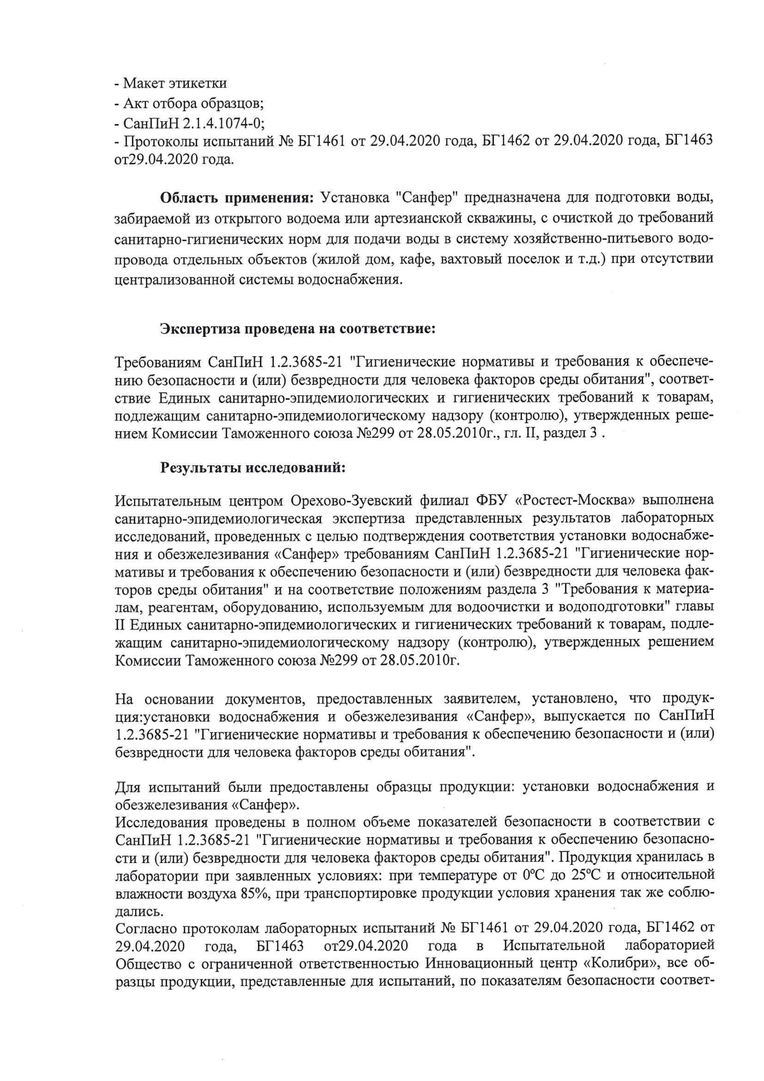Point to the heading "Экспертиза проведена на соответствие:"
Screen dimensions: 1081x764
coord(298,328)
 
